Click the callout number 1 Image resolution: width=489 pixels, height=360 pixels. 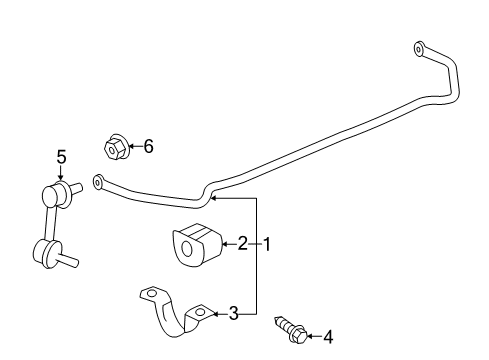coord(267,242)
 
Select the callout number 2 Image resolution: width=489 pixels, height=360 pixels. coord(241,242)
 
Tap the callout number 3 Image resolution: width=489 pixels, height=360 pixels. coord(234,314)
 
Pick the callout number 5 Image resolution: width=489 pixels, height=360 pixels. coord(60,156)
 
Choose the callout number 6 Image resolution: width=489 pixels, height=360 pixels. coord(148,147)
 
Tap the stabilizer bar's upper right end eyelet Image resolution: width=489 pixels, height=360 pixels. coord(419,47)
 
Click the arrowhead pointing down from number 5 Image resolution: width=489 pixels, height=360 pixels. coord(60,173)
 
